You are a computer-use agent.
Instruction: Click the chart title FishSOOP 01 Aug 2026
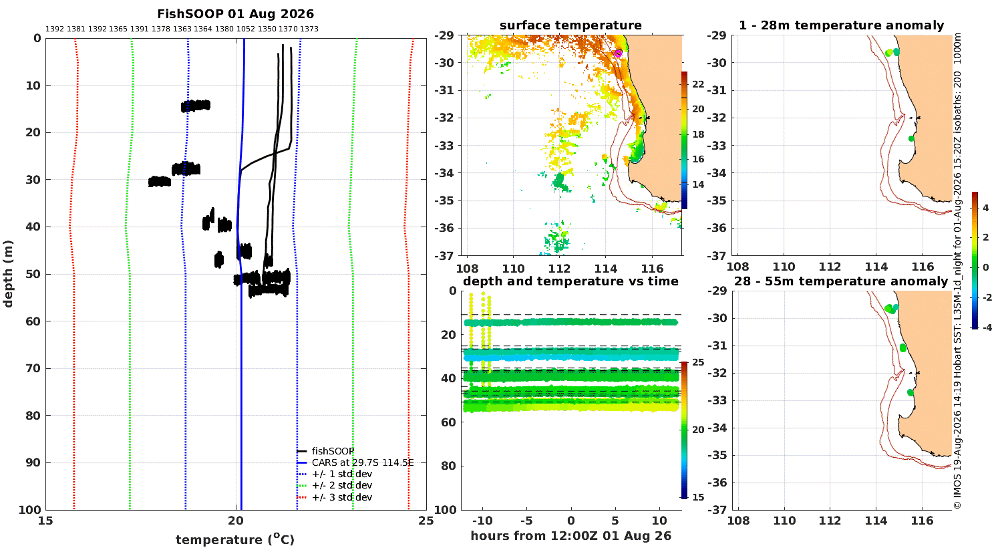pos(235,14)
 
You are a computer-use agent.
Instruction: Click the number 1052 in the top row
pos(246,29)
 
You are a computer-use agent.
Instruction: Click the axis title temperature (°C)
pos(235,539)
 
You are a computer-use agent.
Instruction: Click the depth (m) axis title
pos(8,274)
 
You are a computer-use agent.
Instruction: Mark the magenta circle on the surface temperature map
pos(618,53)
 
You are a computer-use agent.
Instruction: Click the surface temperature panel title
pos(570,25)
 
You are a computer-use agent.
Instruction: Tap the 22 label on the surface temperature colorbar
pos(698,84)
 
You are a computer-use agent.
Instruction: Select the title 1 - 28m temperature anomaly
pos(842,25)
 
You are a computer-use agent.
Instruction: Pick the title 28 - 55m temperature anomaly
pos(841,281)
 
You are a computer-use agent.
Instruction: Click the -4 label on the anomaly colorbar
pos(986,328)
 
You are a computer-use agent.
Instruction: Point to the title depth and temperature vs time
pos(570,281)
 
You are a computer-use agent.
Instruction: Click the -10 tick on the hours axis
pos(482,521)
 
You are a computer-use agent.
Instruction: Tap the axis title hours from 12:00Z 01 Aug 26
pos(570,536)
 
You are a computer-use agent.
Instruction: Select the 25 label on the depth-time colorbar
pos(698,362)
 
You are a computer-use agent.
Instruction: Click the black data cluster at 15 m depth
pos(196,106)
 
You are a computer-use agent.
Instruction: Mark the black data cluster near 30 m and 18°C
pos(160,182)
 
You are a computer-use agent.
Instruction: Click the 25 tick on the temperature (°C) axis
pos(426,521)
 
